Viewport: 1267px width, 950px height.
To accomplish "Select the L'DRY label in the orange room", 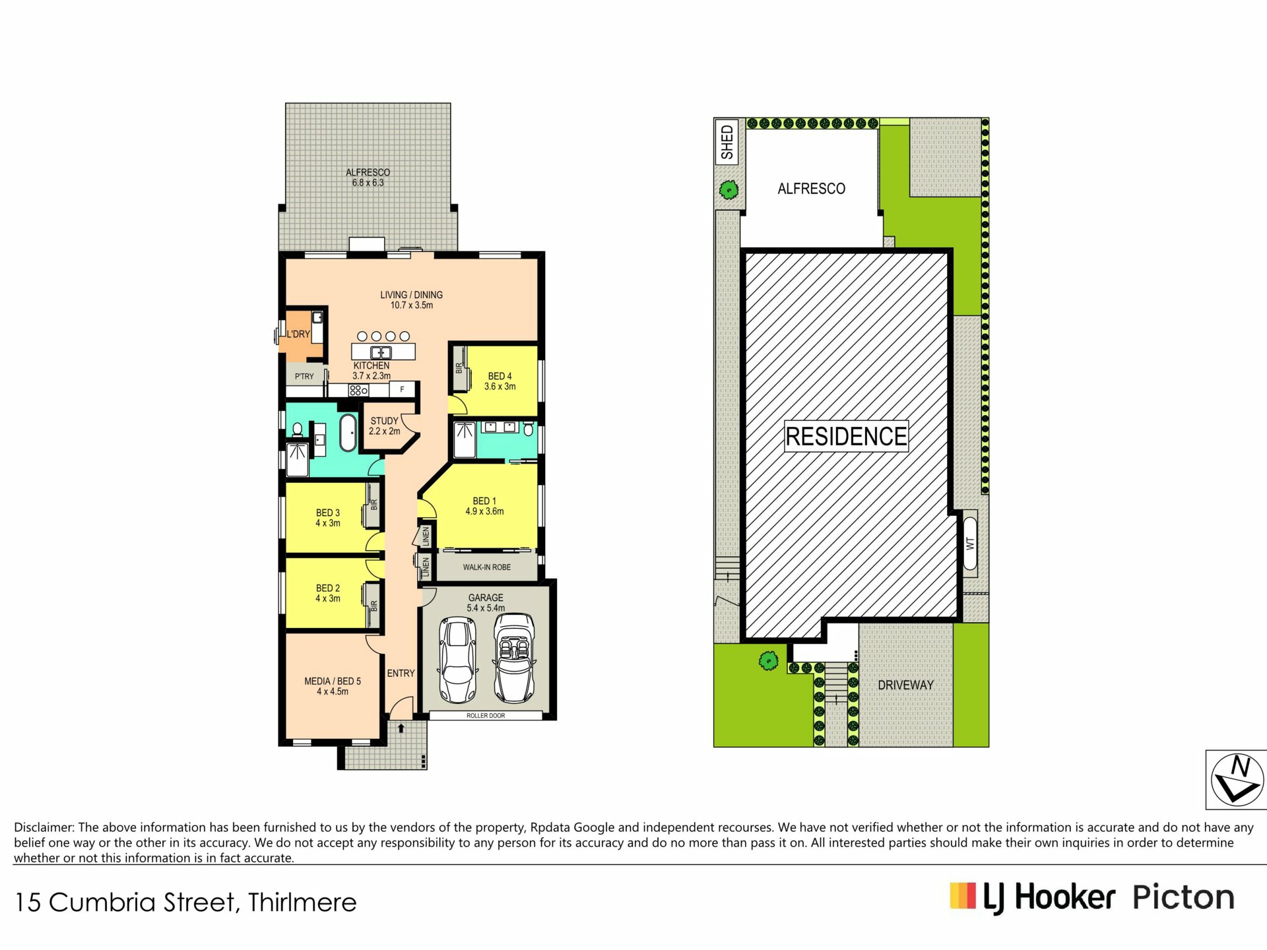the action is point(298,334).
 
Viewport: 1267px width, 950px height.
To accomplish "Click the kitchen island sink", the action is point(381,352).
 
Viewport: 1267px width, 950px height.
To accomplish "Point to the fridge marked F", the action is point(402,390).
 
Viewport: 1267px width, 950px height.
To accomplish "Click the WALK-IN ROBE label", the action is point(487,567).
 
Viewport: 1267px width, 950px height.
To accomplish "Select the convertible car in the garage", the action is point(515,658).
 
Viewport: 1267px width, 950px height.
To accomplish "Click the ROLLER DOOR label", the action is point(486,716).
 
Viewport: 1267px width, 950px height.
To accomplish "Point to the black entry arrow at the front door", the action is point(401,729).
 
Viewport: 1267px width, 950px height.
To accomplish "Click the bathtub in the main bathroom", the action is point(348,433).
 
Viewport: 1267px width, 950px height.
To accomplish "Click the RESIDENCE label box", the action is point(846,436).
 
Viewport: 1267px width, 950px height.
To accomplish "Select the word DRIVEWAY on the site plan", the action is point(905,685).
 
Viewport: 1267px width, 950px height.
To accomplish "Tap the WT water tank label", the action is point(970,544).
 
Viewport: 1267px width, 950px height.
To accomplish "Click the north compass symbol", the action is point(1236,780).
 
